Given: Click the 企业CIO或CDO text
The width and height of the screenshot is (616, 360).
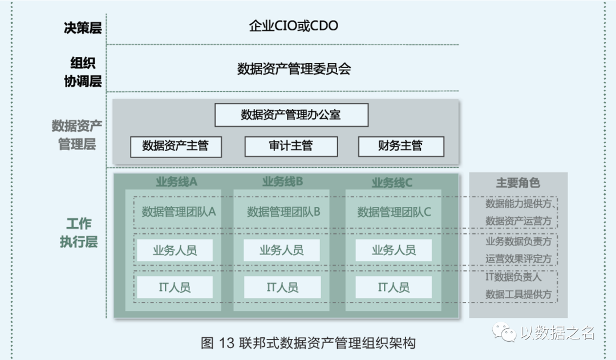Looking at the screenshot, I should [293, 26].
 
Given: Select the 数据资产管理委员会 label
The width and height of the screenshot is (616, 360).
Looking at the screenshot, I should [294, 69].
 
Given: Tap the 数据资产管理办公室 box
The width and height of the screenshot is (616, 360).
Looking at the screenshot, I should [291, 115].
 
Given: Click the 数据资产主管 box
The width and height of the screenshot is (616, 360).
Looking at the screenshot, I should [175, 146].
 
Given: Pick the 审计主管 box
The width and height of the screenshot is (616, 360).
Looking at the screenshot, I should [291, 146].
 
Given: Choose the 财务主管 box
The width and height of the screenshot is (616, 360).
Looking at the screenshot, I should [400, 146].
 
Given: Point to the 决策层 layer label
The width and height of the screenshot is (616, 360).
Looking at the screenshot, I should [83, 27].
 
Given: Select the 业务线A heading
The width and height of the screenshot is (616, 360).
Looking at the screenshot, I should [176, 182].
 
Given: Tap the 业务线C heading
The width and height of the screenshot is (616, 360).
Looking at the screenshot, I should [392, 183].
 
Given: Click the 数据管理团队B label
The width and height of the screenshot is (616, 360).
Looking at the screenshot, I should [283, 212].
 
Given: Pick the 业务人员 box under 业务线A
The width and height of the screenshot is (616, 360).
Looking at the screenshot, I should [175, 250].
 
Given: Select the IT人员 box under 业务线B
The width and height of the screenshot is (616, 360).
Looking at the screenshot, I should [282, 288].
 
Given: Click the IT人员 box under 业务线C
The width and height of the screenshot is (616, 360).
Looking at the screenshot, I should [394, 288].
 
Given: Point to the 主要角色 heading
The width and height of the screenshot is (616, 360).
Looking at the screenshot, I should [518, 183].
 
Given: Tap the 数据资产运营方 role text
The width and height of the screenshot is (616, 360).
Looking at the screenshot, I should [518, 221].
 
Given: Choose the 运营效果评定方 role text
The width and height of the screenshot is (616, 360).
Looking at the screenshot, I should [518, 258].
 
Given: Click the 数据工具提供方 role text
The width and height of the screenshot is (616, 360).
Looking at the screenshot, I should [518, 294].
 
